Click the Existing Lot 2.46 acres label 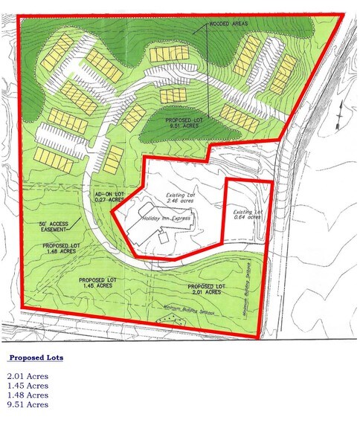(x=173, y=197)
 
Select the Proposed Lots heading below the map (x=36, y=358)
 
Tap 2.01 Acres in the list (x=28, y=377)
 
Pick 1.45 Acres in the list (x=28, y=386)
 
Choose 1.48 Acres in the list (x=28, y=395)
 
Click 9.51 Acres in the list (x=28, y=405)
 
